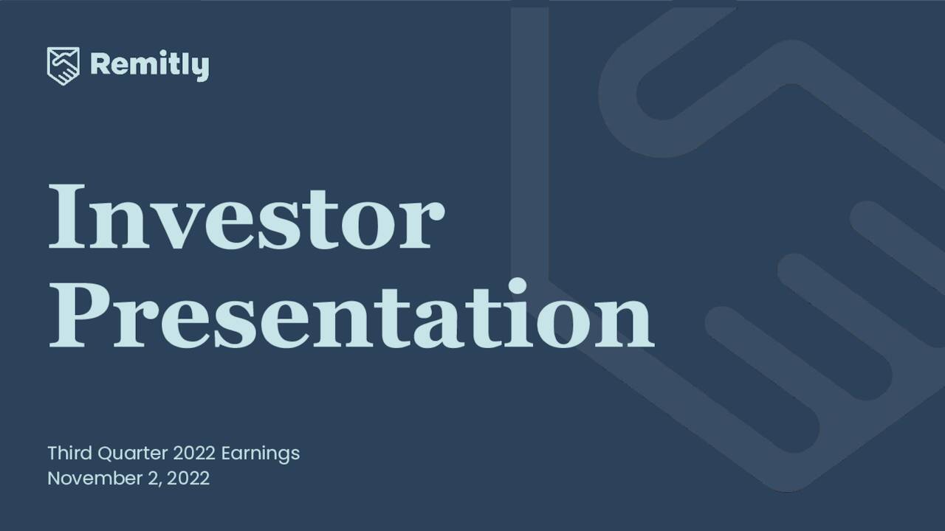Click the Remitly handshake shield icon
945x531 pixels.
[63, 66]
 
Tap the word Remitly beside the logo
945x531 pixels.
[149, 66]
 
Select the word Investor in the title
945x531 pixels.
[246, 215]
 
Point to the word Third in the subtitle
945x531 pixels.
[68, 452]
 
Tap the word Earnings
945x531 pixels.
[261, 453]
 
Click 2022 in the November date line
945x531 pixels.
[188, 478]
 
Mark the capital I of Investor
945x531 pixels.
[64, 215]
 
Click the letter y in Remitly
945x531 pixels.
[200, 69]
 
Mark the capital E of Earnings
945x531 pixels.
[226, 452]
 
